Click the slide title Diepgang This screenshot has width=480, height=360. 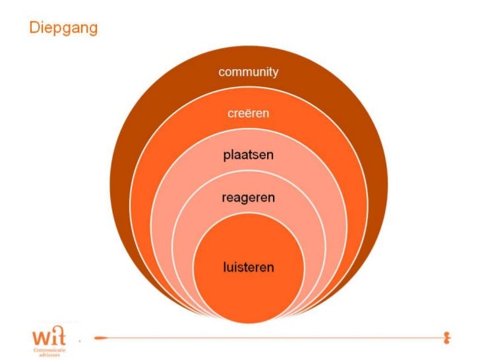click(63, 29)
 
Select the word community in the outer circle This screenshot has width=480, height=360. click(249, 72)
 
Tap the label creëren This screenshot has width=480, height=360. click(249, 113)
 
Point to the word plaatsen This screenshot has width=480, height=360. click(249, 156)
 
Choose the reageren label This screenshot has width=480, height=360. click(249, 197)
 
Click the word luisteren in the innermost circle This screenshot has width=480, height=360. click(249, 268)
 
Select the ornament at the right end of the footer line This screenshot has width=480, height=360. click(448, 338)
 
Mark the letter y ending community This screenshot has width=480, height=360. click(275, 73)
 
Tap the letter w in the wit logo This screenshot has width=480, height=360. click(40, 338)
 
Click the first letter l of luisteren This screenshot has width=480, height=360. click(224, 267)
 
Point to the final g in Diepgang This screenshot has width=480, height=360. click(93, 31)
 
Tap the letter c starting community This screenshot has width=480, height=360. click(222, 73)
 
